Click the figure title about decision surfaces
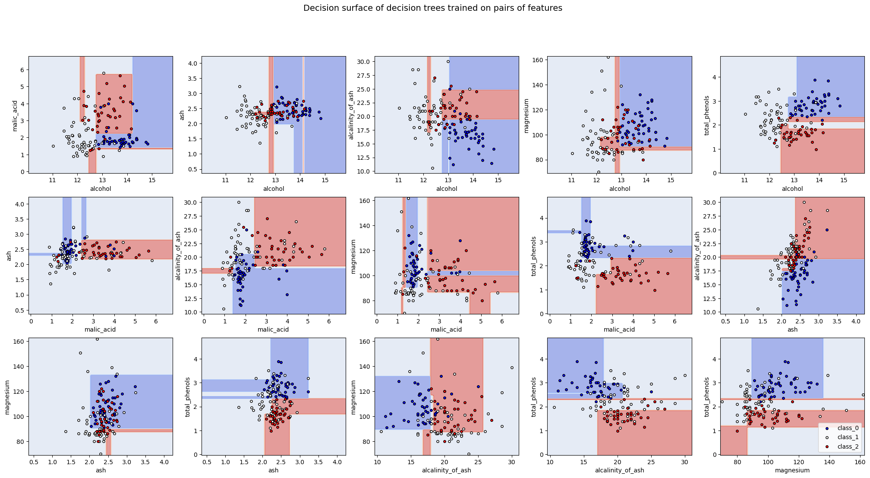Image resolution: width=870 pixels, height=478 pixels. pyautogui.click(x=432, y=8)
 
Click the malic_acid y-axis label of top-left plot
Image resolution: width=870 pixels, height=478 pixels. pyautogui.click(x=15, y=114)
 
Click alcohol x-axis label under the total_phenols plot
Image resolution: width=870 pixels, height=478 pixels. pyautogui.click(x=792, y=189)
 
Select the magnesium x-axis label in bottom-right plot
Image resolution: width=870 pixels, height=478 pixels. pyautogui.click(x=792, y=470)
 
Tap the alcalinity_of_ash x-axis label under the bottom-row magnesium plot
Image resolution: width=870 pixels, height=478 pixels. pyautogui.click(x=447, y=470)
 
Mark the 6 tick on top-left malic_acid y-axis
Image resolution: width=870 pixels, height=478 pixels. pyautogui.click(x=22, y=70)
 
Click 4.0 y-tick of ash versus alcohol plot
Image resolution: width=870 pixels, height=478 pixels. pyautogui.click(x=192, y=63)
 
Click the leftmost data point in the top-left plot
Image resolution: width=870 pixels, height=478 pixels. pyautogui.click(x=53, y=146)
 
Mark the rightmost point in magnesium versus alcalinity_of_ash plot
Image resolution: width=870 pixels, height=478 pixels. pyautogui.click(x=512, y=368)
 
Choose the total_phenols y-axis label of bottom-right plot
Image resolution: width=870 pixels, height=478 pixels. pyautogui.click(x=706, y=396)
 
